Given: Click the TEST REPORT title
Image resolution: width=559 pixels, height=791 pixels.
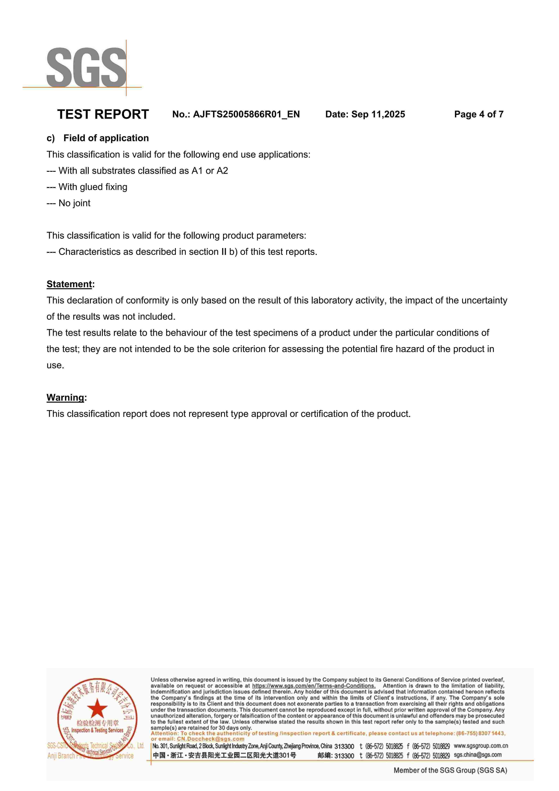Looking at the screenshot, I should pos(103,114).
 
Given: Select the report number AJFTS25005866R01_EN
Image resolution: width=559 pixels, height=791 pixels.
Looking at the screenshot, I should pos(246,114).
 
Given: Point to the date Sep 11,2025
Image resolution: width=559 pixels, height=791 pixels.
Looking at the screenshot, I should pos(378,114).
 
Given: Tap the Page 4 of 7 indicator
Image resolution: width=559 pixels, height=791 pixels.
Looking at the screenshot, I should pos(479,114).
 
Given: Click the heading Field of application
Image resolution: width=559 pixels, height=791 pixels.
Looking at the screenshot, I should pos(106,138).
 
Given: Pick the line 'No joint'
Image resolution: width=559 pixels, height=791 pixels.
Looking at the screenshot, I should pos(74,203).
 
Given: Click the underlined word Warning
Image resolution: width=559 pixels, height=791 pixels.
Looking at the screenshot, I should pos(65,398).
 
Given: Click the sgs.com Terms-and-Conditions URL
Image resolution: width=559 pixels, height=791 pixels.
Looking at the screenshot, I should pos(314,686).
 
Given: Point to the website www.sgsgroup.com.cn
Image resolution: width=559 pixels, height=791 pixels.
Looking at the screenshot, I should pos(480,746).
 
